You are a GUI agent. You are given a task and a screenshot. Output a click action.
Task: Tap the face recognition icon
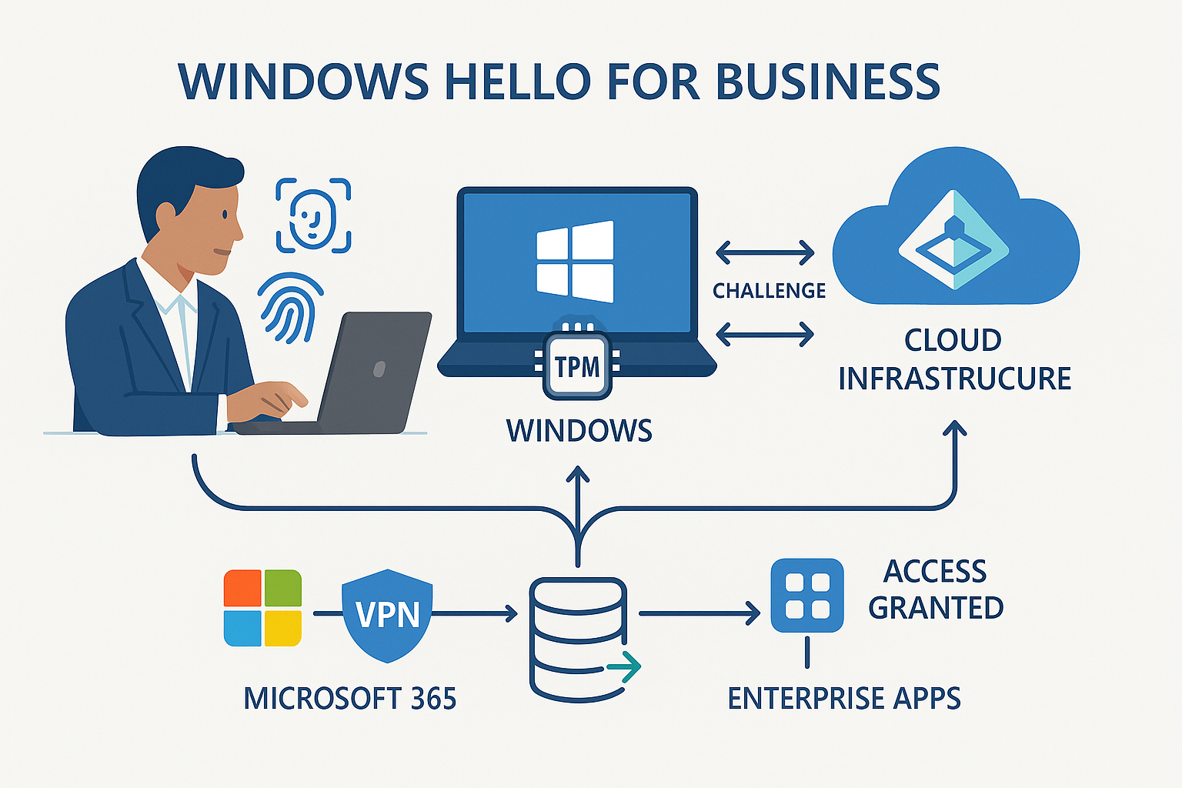click(x=313, y=215)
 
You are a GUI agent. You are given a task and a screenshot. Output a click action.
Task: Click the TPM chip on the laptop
click(x=577, y=366)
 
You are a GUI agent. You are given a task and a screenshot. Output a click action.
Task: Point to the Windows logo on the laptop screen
click(x=576, y=262)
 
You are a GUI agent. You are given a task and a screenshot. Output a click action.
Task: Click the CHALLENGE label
click(x=769, y=291)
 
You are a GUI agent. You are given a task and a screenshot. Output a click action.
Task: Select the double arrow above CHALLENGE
click(x=765, y=252)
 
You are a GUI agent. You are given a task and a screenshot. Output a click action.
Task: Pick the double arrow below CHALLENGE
click(x=765, y=334)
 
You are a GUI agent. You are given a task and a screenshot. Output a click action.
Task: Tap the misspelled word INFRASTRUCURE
click(x=954, y=379)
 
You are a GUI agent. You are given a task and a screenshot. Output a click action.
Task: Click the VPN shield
click(x=387, y=615)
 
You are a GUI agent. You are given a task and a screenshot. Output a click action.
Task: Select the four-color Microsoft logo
click(x=262, y=608)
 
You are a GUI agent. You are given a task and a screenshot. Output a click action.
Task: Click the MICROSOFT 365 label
click(x=350, y=699)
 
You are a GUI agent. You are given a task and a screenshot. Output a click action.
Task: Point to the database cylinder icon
click(x=578, y=639)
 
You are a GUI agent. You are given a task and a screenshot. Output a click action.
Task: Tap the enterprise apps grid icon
click(x=807, y=596)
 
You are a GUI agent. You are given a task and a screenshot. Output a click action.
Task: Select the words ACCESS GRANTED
click(x=936, y=589)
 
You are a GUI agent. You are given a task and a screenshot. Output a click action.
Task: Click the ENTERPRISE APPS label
click(x=844, y=699)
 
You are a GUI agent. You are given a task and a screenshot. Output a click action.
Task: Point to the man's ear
click(x=166, y=216)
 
